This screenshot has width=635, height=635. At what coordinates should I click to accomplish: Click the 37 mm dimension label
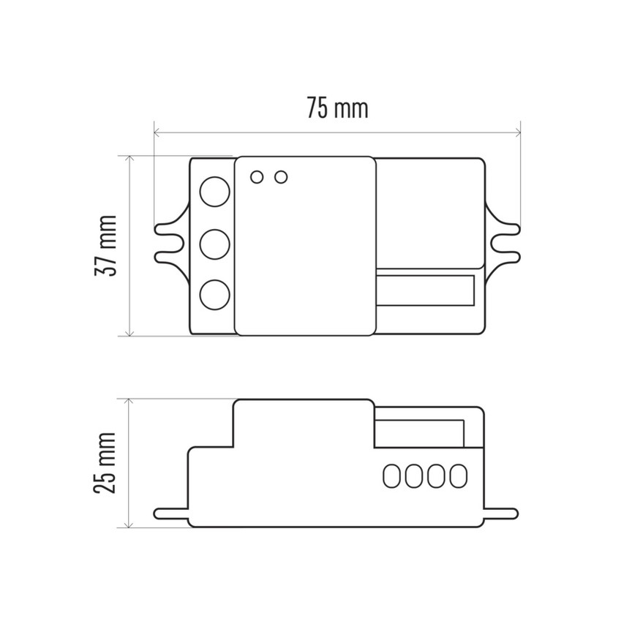pyautogui.click(x=105, y=245)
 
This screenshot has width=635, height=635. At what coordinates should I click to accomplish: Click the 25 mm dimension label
pyautogui.click(x=105, y=462)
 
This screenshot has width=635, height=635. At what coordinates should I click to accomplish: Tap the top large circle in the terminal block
pyautogui.click(x=214, y=192)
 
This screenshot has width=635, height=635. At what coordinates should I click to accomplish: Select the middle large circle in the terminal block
pyautogui.click(x=214, y=243)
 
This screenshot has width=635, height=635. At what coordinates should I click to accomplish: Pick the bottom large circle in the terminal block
pyautogui.click(x=214, y=293)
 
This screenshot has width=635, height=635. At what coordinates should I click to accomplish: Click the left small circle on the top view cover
pyautogui.click(x=257, y=177)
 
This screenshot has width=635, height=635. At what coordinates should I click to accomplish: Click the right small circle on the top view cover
pyautogui.click(x=280, y=177)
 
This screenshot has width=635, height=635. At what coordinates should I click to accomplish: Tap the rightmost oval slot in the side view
pyautogui.click(x=459, y=476)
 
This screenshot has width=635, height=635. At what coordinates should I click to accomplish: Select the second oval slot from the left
pyautogui.click(x=414, y=476)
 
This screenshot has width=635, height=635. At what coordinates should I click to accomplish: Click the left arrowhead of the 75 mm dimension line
pyautogui.click(x=157, y=133)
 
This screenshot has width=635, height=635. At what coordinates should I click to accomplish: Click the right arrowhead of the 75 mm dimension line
pyautogui.click(x=517, y=133)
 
